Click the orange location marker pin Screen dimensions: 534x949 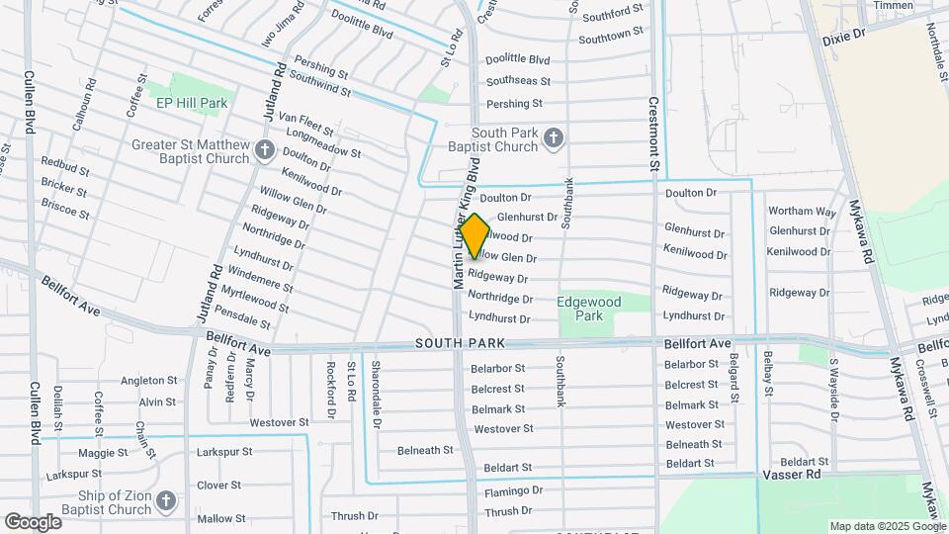(x=474, y=235)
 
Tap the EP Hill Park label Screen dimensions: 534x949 (x=192, y=102)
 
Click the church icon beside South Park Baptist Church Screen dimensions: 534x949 (x=554, y=139)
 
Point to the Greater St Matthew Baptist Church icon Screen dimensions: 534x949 (x=264, y=150)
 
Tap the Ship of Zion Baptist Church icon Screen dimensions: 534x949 (x=165, y=501)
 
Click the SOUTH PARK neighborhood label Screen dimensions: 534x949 (x=460, y=343)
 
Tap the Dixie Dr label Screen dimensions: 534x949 (x=843, y=34)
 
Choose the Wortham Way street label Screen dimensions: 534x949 (x=802, y=211)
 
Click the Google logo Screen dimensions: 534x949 (x=33, y=521)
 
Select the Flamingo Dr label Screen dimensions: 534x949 (x=513, y=490)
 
